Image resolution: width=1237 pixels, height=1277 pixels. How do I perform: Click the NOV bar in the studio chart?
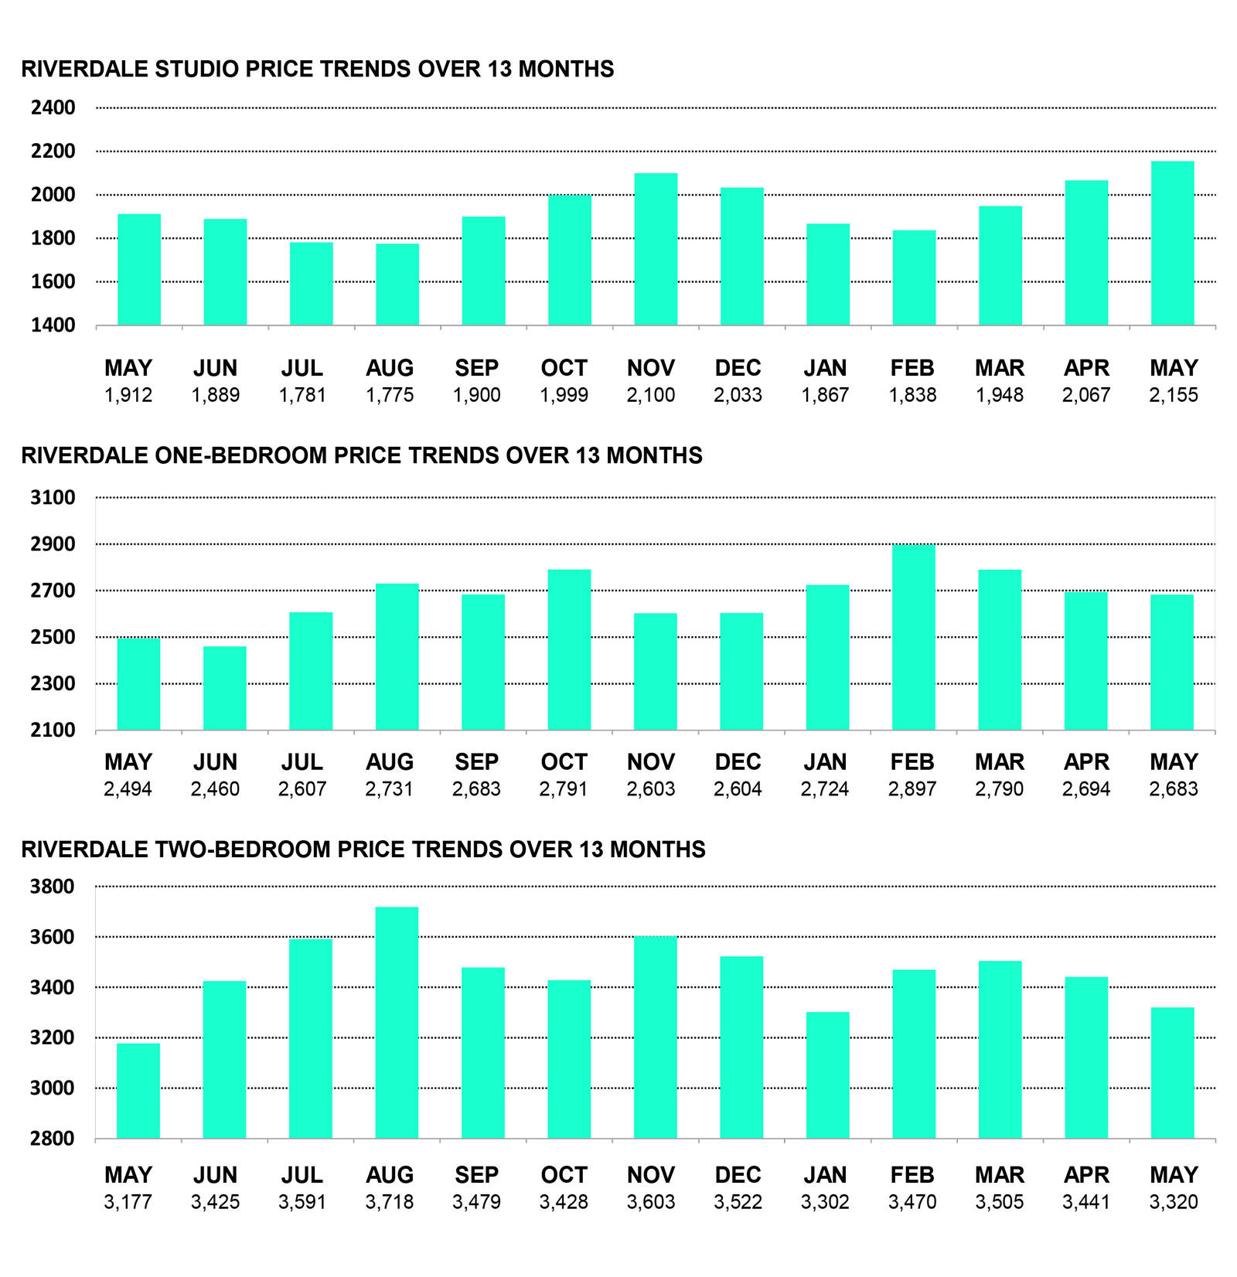pyautogui.click(x=656, y=249)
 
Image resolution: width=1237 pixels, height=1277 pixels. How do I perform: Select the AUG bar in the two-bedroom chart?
pyautogui.click(x=397, y=1023)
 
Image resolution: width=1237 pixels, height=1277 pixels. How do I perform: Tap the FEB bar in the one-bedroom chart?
pyautogui.click(x=913, y=638)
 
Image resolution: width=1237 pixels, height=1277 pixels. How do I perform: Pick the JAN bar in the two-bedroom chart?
pyautogui.click(x=827, y=1075)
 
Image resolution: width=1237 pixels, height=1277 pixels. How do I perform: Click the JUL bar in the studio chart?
pyautogui.click(x=312, y=284)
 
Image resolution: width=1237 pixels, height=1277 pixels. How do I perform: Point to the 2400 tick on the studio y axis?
pyautogui.click(x=53, y=107)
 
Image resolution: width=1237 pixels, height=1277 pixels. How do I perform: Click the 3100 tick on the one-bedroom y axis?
pyautogui.click(x=53, y=498)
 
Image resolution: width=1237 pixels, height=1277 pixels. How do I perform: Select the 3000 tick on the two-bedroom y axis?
pyautogui.click(x=53, y=1088)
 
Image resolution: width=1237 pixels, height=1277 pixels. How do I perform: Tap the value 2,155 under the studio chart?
pyautogui.click(x=1173, y=396)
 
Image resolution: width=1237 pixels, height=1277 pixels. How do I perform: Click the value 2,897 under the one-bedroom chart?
pyautogui.click(x=912, y=789)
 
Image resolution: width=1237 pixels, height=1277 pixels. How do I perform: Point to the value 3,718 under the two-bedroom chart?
pyautogui.click(x=390, y=1202)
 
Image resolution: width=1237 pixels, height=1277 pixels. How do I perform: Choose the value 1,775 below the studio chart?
pyautogui.click(x=390, y=396)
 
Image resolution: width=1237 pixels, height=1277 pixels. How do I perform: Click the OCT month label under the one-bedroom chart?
pyautogui.click(x=564, y=762)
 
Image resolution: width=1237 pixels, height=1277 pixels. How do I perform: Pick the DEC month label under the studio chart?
pyautogui.click(x=738, y=368)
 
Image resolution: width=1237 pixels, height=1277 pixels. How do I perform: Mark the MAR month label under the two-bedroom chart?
pyautogui.click(x=999, y=1175)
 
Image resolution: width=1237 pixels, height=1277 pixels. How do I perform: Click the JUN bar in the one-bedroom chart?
pyautogui.click(x=225, y=688)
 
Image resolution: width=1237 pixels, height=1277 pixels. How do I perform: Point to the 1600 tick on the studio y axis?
pyautogui.click(x=53, y=281)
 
